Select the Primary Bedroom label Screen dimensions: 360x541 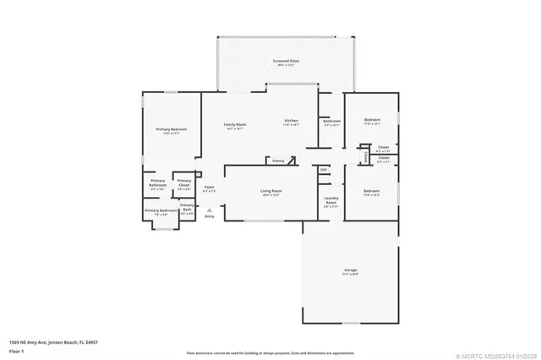tap(172, 130)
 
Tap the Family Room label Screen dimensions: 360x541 tap(233, 126)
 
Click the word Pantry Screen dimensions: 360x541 tap(277, 159)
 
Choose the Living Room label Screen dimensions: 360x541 tap(270, 193)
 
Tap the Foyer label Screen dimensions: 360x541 tap(209, 189)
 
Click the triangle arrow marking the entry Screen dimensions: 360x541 tap(209, 209)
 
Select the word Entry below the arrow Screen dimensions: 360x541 tap(209, 217)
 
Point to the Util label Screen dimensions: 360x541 tap(323, 170)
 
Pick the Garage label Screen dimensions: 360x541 tap(350, 271)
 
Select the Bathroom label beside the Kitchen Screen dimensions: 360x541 tap(331, 122)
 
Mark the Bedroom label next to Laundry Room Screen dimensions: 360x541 tap(372, 193)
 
